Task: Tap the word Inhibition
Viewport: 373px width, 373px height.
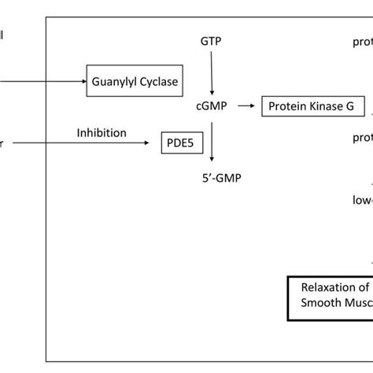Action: click(x=101, y=132)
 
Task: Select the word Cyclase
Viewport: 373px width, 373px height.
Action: click(x=161, y=81)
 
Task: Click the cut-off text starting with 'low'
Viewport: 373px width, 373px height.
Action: click(x=362, y=200)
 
